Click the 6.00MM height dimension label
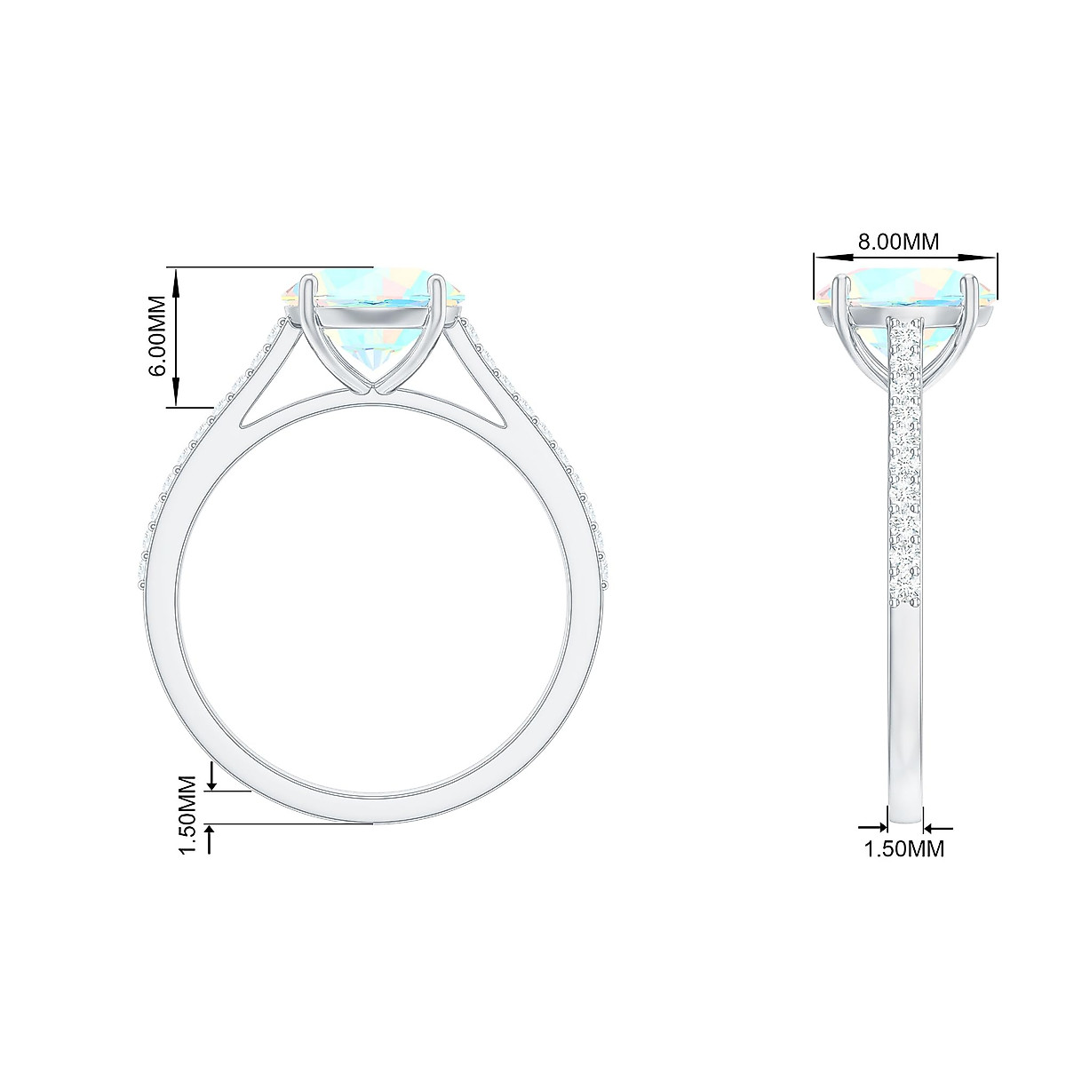click(156, 338)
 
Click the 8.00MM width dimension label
click(897, 241)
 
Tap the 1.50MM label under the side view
click(904, 848)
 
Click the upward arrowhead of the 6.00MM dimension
click(177, 277)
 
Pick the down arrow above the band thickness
click(211, 782)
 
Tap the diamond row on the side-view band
click(905, 462)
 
